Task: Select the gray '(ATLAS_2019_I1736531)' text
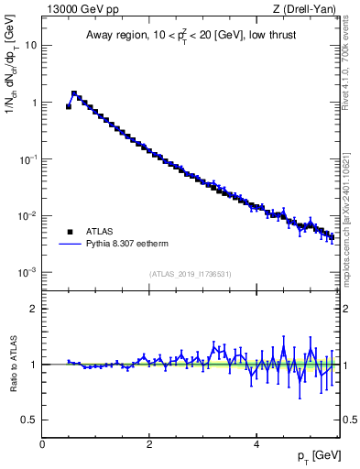pyautogui.click(x=191, y=274)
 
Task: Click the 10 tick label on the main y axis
pyautogui.click(x=30, y=45)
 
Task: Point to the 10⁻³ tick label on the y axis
pyautogui.click(x=27, y=272)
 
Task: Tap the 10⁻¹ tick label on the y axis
pyautogui.click(x=27, y=158)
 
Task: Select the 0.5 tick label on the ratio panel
pyautogui.click(x=29, y=420)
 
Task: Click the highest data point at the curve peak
pyautogui.click(x=74, y=93)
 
